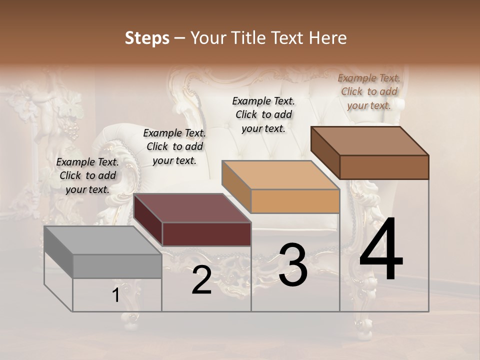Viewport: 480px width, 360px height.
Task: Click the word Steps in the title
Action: (x=147, y=38)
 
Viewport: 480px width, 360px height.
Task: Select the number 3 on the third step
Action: (x=293, y=265)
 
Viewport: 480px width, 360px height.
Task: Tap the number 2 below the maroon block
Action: (x=201, y=280)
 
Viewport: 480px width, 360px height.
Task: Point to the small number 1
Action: (x=116, y=295)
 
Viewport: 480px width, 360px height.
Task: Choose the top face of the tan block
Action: (x=280, y=175)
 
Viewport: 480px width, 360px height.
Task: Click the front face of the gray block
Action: (x=117, y=266)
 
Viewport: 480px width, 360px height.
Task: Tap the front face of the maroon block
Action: (x=206, y=234)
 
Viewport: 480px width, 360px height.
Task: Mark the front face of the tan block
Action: (x=295, y=201)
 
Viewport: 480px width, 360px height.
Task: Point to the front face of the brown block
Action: (x=384, y=167)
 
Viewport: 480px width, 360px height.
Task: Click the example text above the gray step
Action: (x=87, y=175)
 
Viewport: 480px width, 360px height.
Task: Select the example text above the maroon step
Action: (x=174, y=146)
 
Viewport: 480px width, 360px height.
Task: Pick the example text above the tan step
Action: (x=263, y=114)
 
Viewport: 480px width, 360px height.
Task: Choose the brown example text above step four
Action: (x=369, y=91)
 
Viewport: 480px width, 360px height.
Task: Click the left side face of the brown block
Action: (x=325, y=152)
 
